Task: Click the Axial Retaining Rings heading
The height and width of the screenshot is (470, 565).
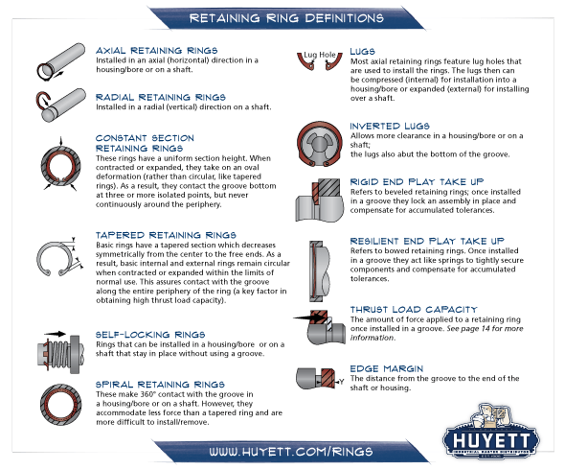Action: tap(157, 50)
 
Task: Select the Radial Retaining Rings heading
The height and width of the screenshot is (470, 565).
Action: tap(161, 97)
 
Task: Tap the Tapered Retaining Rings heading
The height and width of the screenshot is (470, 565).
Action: tap(166, 235)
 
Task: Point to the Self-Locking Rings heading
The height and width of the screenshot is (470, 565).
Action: tap(150, 334)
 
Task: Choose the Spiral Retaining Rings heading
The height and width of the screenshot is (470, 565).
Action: tap(160, 384)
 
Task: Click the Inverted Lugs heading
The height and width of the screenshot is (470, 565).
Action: tap(390, 126)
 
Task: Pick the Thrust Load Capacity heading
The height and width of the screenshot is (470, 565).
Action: tap(414, 310)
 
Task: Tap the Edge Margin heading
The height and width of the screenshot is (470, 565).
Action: tap(387, 368)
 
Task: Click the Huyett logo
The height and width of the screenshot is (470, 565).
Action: tap(490, 432)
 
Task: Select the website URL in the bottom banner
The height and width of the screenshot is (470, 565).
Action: tap(291, 452)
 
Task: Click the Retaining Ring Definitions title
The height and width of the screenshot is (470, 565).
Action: tap(286, 18)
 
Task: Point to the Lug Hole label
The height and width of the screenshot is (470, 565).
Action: tap(320, 55)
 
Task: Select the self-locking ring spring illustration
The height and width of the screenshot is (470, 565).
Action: tap(59, 354)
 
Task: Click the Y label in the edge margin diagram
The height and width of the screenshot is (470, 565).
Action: tap(341, 382)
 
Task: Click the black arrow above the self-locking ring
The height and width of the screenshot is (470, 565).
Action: tap(55, 334)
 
